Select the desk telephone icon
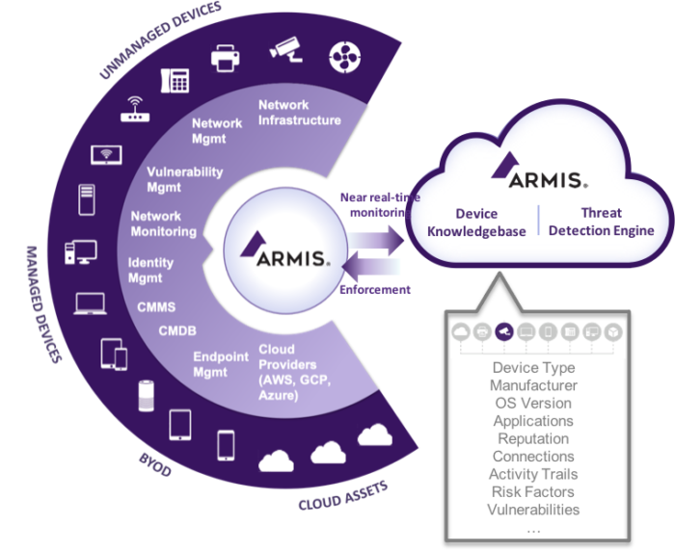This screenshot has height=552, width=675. [175, 81]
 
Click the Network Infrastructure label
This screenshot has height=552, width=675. [299, 112]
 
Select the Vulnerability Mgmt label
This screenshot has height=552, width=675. [184, 179]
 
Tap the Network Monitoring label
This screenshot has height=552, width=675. [163, 223]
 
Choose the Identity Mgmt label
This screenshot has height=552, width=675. [151, 270]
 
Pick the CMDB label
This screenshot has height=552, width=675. [177, 331]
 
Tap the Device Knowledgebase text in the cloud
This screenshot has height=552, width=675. [478, 222]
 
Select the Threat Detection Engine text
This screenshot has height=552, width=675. [601, 222]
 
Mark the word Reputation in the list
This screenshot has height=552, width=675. [532, 438]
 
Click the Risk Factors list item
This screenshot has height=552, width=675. [532, 491]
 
